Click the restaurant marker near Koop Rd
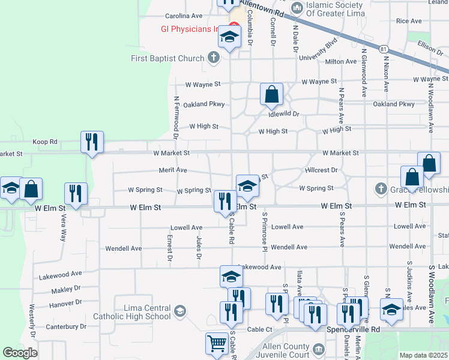tap(92, 142)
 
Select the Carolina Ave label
tap(184, 16)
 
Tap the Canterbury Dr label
tap(66, 327)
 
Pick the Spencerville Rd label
tap(354, 329)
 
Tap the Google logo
tap(20, 353)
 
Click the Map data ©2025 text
tap(424, 355)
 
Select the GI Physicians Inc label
tap(189, 29)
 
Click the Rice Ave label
tap(409, 21)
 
